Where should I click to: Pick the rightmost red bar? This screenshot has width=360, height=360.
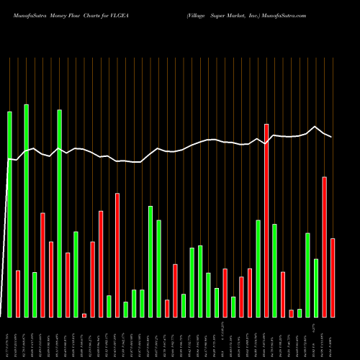pos(333,277)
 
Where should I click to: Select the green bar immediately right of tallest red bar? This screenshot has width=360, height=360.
pos(274,270)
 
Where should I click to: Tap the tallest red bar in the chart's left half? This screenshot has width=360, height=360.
pos(117,255)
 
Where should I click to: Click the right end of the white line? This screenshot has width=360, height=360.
pos(332,137)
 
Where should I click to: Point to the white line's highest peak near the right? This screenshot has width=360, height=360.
pos(315,127)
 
